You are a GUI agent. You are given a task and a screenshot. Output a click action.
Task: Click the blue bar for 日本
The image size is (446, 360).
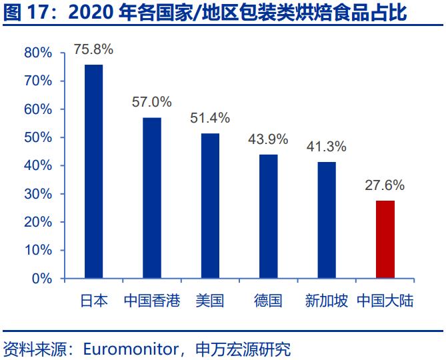(93, 171)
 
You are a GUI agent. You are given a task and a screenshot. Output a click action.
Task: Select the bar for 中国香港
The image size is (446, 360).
(152, 197)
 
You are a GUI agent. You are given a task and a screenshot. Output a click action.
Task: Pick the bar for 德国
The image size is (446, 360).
(268, 216)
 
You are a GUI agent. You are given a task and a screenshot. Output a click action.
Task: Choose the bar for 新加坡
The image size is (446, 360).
(327, 219)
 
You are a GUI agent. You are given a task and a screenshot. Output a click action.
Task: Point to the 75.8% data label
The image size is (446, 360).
(93, 50)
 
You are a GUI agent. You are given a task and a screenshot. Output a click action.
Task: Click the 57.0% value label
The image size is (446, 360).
(152, 102)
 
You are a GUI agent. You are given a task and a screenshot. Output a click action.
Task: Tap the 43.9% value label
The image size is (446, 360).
(268, 139)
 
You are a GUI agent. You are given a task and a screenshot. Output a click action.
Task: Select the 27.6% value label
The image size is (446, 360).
(385, 185)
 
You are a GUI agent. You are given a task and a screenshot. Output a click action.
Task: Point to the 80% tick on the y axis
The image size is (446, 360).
(37, 53)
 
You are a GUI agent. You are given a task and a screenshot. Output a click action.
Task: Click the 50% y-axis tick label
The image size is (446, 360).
(37, 137)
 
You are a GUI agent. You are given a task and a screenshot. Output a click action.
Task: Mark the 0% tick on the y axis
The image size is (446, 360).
(41, 278)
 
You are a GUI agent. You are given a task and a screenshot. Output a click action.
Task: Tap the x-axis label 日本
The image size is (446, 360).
(93, 301)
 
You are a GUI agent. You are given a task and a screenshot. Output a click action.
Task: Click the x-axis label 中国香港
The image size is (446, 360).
(152, 301)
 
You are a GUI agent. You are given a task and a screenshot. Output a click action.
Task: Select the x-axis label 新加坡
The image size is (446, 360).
(327, 301)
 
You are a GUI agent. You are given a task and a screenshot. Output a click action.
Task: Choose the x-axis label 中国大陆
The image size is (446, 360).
(385, 301)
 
